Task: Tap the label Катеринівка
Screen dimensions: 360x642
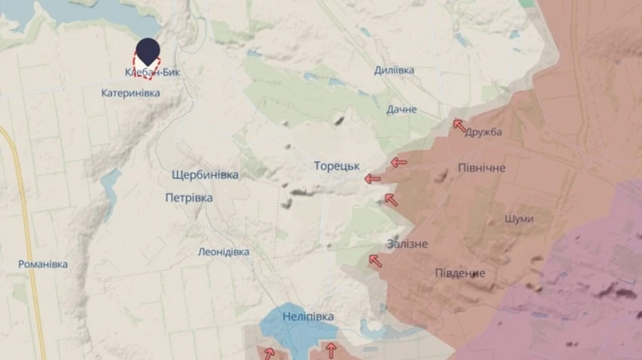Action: [131, 93]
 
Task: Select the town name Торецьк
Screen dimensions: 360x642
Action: [337, 165]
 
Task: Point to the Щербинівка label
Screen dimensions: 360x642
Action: [205, 175]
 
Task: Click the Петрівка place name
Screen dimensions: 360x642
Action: [188, 197]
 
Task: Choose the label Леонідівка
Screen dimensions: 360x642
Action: [223, 252]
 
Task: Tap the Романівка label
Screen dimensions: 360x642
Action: [43, 264]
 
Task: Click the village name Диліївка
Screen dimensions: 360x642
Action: [394, 70]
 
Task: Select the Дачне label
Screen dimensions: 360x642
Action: [402, 110]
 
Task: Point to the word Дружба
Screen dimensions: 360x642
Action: [484, 132]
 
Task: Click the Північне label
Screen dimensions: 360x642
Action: [481, 168]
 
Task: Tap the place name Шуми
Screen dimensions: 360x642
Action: [518, 219]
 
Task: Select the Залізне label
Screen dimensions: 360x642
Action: [407, 244]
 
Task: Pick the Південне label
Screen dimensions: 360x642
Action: [460, 273]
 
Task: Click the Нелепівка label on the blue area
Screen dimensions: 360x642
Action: [307, 317]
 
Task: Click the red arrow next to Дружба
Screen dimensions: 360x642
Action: [460, 125]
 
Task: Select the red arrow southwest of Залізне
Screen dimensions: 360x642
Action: [375, 262]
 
